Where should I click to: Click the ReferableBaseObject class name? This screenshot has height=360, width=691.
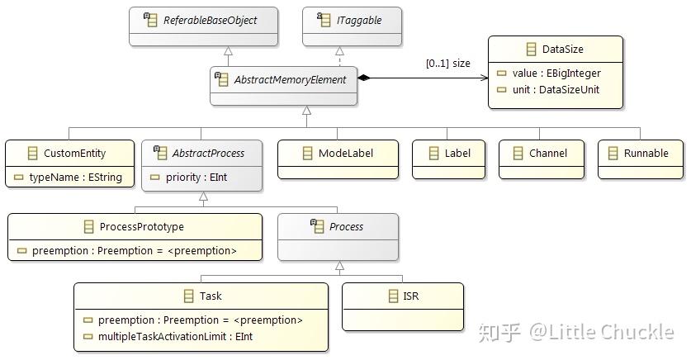coord(210,20)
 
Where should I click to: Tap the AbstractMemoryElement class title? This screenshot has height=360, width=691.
coord(290,79)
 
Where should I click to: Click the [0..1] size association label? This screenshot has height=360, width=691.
coord(447,63)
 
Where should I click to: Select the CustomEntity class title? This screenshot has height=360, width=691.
coord(75,153)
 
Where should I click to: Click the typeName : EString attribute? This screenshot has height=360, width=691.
coord(75,177)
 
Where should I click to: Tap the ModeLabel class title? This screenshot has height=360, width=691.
coord(345,153)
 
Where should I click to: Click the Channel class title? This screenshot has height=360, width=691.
coord(547,153)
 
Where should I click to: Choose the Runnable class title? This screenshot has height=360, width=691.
coord(646,153)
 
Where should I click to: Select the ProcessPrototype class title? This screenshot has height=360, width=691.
coord(141,226)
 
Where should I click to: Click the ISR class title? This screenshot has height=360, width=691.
coord(410,296)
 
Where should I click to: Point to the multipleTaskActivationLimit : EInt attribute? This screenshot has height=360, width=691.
coord(175,336)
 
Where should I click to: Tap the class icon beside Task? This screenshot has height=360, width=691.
coord(188,296)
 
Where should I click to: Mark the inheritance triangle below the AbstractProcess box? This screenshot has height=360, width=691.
coord(203,197)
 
